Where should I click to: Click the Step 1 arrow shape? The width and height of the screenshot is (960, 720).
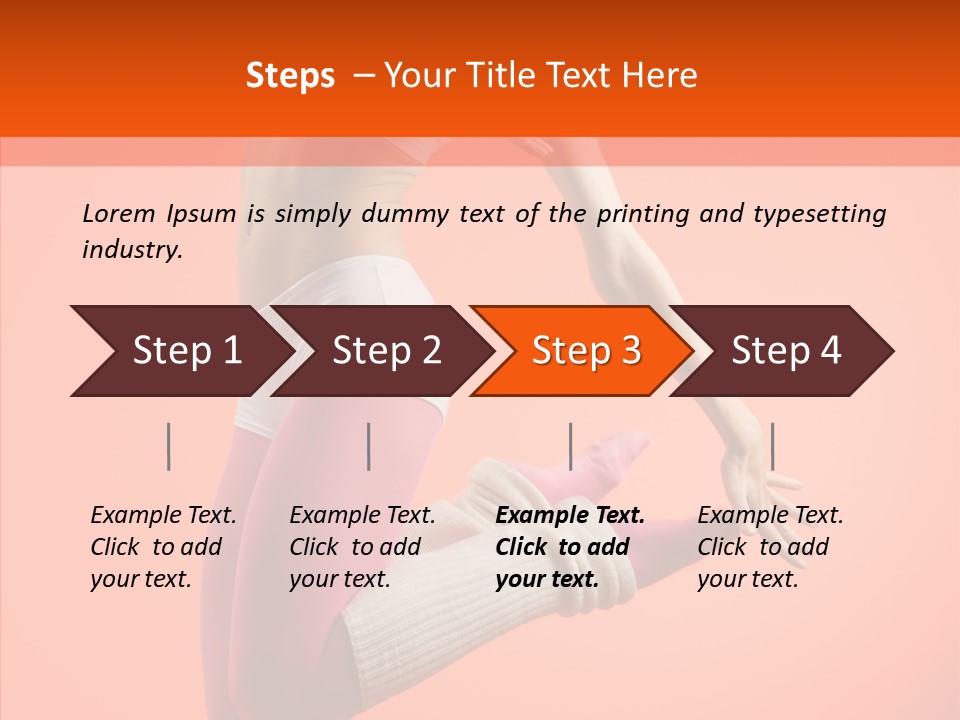180,351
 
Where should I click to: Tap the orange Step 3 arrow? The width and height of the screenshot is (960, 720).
582,351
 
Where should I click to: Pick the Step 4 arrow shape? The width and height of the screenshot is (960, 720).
784,351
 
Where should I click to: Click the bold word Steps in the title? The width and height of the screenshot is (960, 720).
290,76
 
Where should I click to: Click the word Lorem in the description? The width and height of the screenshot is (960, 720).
119,213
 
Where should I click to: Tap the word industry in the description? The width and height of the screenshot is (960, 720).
131,250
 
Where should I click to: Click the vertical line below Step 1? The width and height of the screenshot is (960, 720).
169,446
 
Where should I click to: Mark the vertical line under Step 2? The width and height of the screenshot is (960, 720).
369,446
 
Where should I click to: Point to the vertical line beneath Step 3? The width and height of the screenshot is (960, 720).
570,446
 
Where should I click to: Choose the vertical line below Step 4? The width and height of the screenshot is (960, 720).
772,446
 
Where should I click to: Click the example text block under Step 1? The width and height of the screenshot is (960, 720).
163,547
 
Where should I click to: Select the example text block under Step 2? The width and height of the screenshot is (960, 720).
362,547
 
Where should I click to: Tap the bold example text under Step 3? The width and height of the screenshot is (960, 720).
570,547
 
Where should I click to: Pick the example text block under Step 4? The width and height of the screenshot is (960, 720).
770,547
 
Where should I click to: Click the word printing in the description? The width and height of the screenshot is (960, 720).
643,213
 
